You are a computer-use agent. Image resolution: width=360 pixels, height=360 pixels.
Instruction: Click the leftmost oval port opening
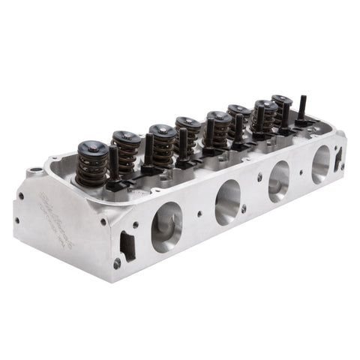166,227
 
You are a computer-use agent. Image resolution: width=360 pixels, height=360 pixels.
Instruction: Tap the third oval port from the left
279,181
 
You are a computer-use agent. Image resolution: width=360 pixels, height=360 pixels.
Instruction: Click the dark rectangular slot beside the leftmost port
128,244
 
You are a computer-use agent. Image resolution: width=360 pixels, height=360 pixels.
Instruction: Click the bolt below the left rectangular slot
117,263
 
